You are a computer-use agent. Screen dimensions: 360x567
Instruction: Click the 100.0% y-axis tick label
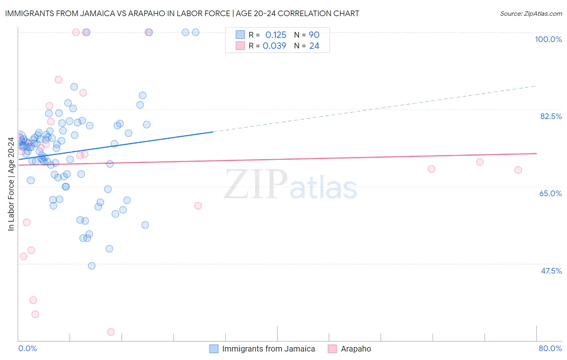pos(548,39)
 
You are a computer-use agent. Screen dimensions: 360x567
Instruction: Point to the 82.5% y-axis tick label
pos(550,116)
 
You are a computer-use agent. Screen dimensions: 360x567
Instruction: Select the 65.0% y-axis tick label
pos(550,193)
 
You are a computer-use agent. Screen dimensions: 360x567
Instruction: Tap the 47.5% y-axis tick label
pos(551,271)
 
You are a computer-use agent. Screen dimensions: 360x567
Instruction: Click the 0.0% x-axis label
pos(27,348)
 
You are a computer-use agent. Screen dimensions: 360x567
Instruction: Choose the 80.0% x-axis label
pos(550,348)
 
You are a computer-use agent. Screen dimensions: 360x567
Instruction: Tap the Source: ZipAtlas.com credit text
pos(531,13)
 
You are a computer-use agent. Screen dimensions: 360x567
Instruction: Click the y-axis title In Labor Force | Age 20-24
pos(11,184)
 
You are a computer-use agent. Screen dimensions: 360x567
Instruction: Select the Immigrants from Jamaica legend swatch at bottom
pos(214,349)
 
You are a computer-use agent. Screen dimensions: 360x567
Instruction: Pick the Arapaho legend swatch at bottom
pos(332,349)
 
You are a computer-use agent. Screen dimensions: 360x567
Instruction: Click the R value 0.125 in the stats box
pos(275,35)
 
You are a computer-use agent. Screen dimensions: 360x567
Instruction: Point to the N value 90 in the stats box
pos(314,35)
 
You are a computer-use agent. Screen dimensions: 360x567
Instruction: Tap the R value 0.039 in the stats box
pos(274,46)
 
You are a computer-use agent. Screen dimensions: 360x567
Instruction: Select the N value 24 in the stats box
pos(314,46)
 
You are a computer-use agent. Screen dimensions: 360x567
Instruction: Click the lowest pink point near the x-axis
pos(111,332)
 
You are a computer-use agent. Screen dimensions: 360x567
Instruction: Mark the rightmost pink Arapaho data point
pos(518,170)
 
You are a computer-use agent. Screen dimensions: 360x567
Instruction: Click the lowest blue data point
pos(92,266)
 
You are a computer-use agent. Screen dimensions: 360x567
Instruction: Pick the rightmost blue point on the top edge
pos(196,32)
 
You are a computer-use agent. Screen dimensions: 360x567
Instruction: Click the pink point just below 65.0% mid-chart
pos(198,206)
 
